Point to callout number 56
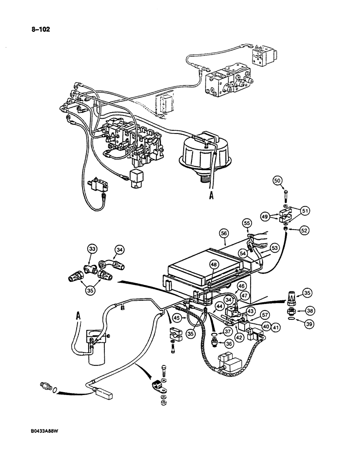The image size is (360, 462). click(x=224, y=235)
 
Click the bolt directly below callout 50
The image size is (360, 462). click(x=281, y=194)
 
